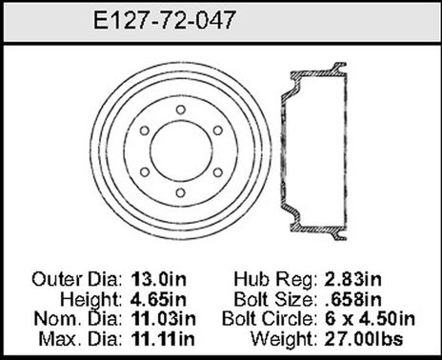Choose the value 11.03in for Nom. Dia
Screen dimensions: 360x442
[164, 318]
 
